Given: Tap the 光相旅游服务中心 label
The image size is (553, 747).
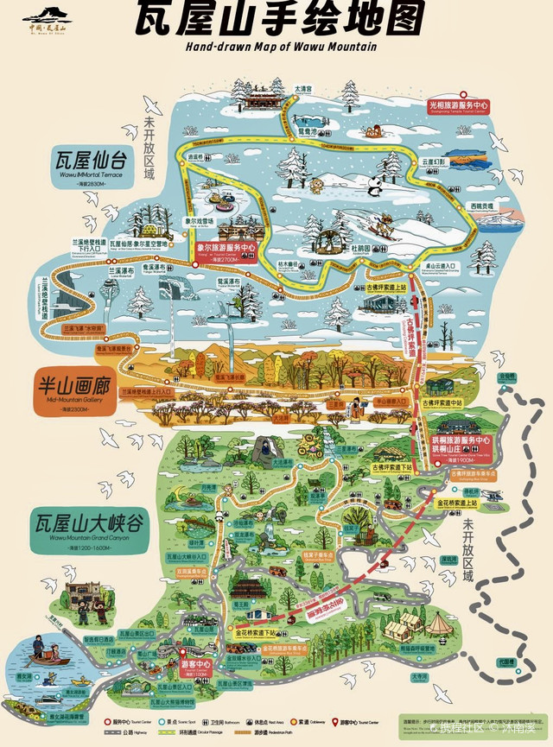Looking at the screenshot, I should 470,105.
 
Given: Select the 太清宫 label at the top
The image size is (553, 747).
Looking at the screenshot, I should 302,88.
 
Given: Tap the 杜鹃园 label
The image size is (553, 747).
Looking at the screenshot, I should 359,248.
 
